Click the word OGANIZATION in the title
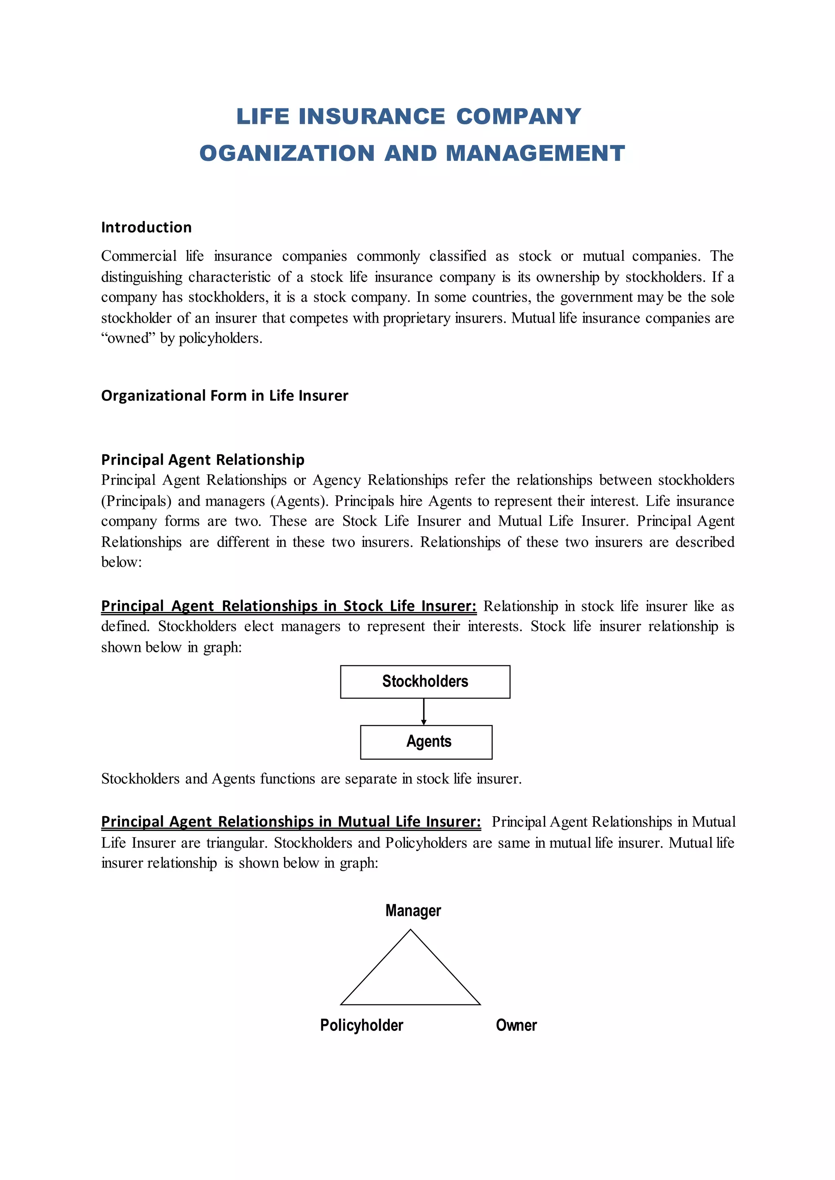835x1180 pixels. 287,153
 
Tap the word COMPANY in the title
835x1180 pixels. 518,116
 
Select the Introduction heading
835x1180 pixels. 146,227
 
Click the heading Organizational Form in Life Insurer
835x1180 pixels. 224,395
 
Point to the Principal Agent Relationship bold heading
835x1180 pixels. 203,460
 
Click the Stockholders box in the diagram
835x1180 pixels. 425,682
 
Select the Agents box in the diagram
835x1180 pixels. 426,742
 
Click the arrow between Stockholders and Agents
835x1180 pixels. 424,712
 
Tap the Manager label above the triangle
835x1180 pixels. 413,911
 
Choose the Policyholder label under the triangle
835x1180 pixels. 362,1025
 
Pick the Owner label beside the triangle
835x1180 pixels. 516,1025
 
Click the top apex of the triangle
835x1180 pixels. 410,931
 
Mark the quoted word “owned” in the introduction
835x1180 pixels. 128,338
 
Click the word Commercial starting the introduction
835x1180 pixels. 138,256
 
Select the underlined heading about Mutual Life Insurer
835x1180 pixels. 291,821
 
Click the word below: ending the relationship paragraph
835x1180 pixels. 121,562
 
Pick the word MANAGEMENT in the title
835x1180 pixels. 535,153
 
